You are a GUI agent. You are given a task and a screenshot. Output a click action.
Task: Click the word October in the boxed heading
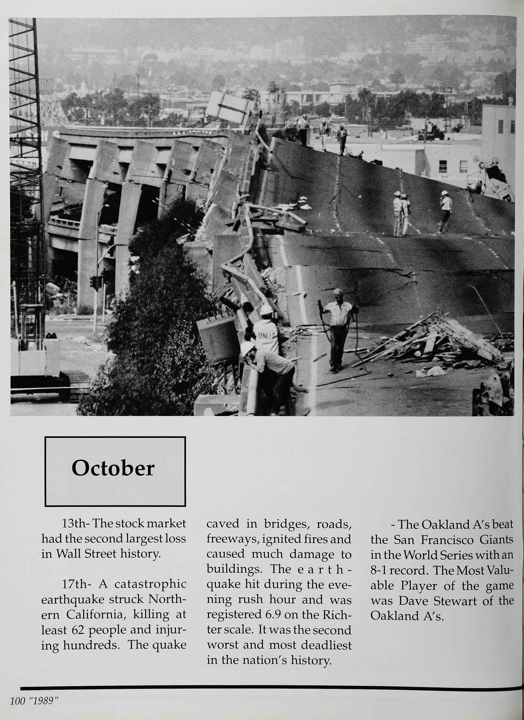113,468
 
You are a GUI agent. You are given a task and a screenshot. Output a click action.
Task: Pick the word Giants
496,540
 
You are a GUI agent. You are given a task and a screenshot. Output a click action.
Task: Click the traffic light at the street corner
94,282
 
